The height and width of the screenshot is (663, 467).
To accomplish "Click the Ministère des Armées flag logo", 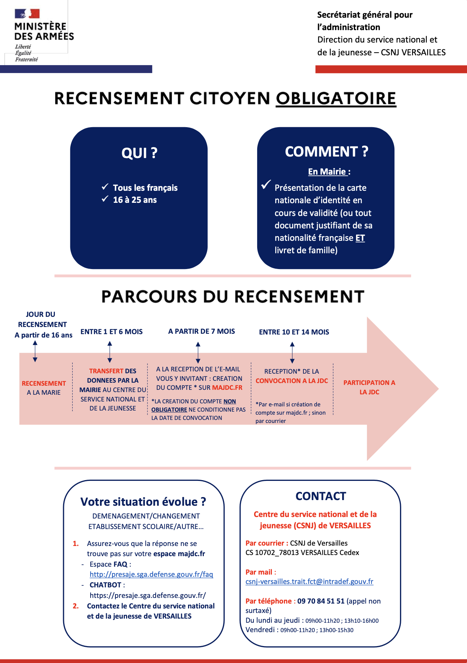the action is (27, 14).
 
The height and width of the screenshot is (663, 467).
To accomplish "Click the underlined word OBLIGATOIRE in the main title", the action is (336, 99).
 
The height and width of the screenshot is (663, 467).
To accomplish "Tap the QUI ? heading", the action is (139, 153).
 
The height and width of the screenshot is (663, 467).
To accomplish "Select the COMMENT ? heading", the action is (326, 152).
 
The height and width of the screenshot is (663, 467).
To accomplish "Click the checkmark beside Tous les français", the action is (105, 187).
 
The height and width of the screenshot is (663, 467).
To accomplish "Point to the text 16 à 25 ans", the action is (135, 200).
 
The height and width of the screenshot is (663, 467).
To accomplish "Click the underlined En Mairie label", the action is (328, 172).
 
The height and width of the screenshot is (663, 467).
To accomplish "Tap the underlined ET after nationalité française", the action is (360, 238).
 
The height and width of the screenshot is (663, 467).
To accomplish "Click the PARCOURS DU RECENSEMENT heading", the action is (233, 297).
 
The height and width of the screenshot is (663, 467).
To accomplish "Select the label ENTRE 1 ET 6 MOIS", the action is (112, 332).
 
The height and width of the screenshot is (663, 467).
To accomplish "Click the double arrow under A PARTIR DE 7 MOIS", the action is (198, 353).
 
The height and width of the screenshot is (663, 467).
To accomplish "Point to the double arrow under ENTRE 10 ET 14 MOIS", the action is (292, 353).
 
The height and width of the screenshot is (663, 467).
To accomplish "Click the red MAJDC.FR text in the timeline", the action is (227, 388).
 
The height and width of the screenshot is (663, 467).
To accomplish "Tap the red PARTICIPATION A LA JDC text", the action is (369, 387).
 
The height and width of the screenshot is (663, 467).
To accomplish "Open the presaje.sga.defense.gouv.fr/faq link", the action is (151, 575).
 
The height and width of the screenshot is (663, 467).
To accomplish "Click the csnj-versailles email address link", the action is (309, 582).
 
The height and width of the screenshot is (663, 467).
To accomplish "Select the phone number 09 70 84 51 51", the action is (321, 601).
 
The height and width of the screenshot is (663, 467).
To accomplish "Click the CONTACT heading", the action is (321, 496).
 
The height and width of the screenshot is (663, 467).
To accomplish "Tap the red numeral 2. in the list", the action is (76, 606).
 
